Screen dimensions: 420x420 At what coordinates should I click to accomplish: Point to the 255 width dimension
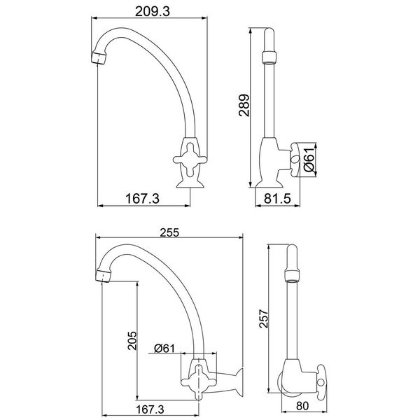(169, 234)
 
